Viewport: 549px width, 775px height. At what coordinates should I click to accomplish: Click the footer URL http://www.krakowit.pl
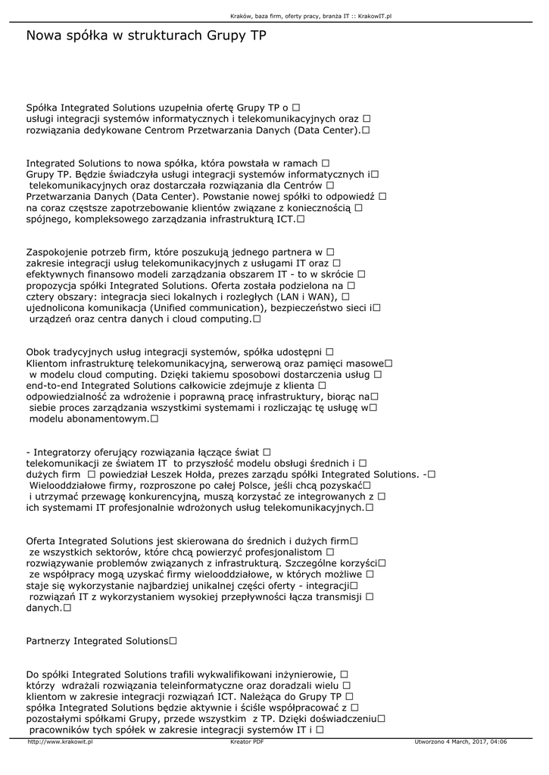pos(60,742)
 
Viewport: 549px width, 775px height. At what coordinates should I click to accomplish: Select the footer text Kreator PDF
pos(247,742)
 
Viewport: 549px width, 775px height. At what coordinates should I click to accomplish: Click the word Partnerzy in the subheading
pos(48,640)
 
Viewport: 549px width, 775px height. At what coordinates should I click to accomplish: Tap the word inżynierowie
pos(302,674)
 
